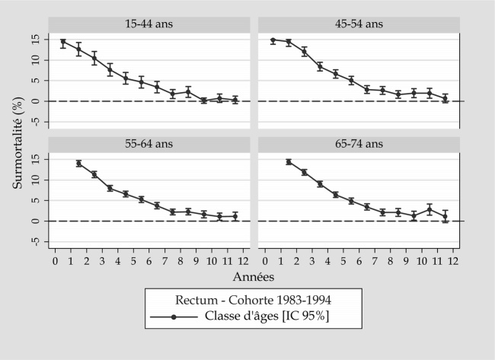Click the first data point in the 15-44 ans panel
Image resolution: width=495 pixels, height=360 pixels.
(63, 42)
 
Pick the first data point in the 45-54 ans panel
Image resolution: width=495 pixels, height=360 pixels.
(273, 40)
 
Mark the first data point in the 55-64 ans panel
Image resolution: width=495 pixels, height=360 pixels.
(78, 164)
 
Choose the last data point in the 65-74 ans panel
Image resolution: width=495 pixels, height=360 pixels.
(445, 217)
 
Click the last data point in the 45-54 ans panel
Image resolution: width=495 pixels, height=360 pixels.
(445, 98)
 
